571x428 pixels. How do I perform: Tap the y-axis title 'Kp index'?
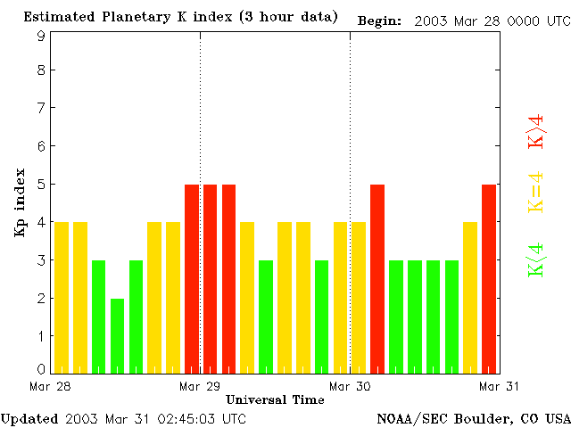(20, 202)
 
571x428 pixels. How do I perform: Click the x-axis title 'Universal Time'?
(275, 399)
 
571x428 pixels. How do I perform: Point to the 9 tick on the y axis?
(41, 35)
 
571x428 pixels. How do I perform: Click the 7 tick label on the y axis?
(41, 108)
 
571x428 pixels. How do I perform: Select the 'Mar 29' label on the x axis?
(200, 386)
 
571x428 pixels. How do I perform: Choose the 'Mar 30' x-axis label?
(350, 386)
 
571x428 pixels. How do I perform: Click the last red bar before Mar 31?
(489, 278)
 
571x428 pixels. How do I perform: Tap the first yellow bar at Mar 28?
(62, 297)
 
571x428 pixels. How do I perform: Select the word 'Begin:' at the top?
(379, 20)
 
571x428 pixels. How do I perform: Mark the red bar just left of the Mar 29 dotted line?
(192, 278)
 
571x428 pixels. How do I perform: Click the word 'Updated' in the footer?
(29, 419)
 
